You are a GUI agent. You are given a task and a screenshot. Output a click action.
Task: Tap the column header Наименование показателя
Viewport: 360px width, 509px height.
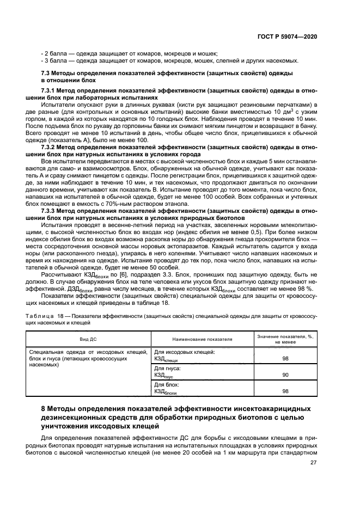[203, 339]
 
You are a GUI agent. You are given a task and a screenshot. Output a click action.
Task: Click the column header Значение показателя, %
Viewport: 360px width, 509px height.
[285, 336]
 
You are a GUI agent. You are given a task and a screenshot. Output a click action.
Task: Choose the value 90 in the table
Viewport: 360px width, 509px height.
[285, 375]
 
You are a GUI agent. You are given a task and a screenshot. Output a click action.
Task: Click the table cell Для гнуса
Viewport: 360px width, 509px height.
[167, 369]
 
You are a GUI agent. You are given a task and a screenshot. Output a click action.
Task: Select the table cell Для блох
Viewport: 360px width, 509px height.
[167, 385]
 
